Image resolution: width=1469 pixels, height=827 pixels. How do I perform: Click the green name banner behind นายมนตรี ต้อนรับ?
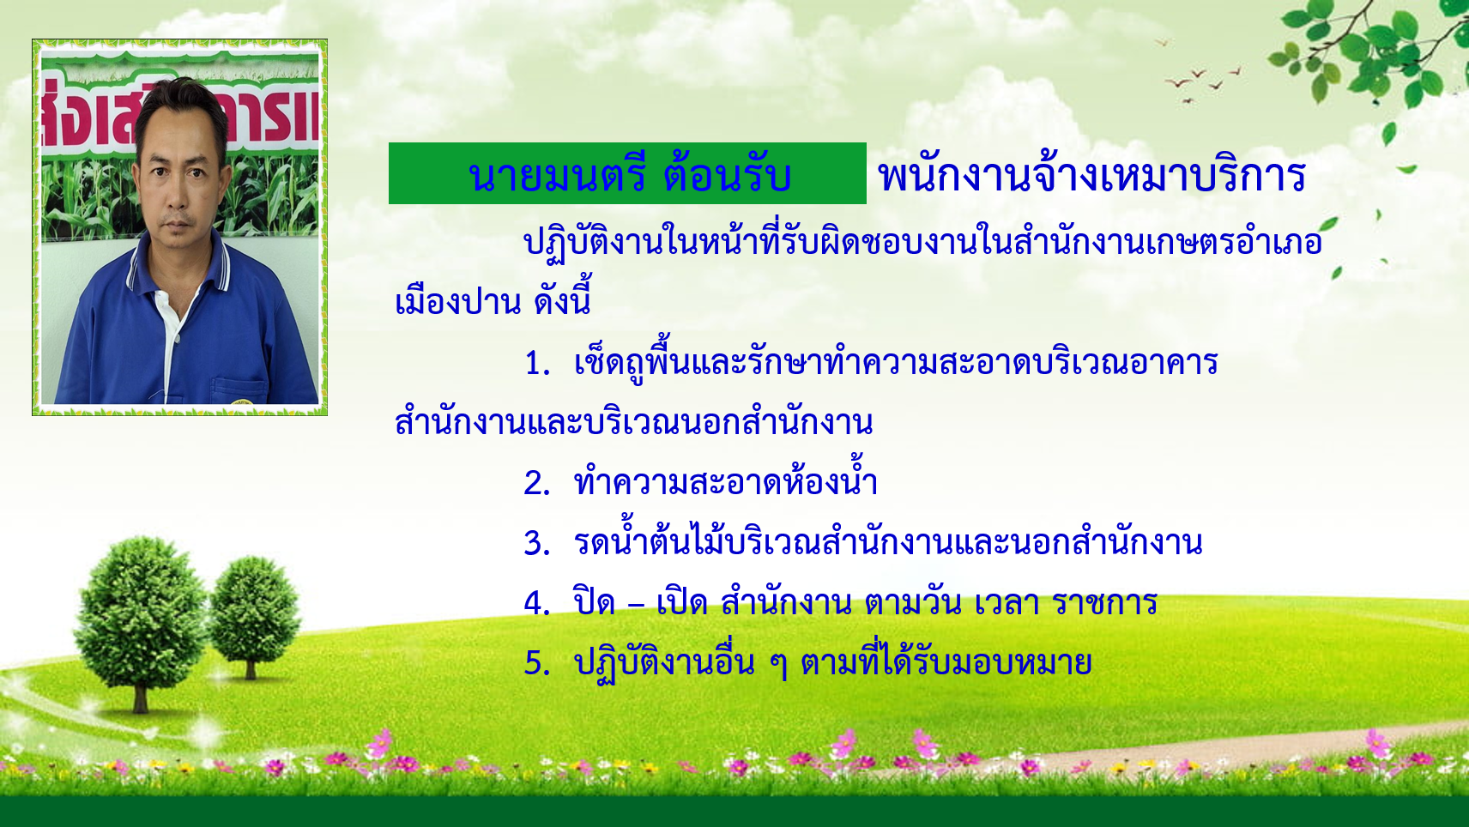click(x=627, y=173)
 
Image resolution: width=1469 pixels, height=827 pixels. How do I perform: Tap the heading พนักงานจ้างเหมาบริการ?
click(x=1092, y=176)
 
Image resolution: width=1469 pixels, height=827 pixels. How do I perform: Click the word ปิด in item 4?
click(x=594, y=600)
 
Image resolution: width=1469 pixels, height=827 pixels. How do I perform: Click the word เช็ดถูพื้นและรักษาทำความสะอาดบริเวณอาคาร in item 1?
click(x=896, y=364)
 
